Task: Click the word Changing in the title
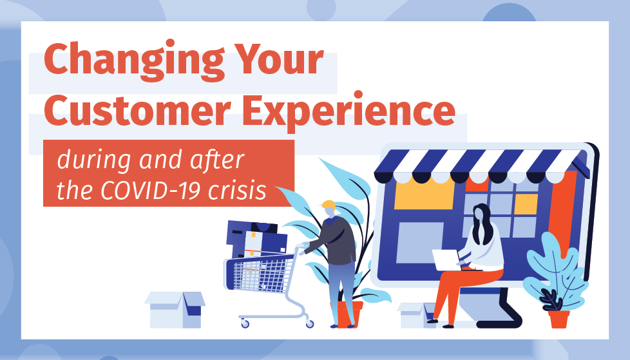134,61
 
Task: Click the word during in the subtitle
94,160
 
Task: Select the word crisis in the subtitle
238,190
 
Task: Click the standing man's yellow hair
329,205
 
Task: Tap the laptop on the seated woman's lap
447,260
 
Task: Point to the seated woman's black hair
482,223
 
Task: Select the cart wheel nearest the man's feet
309,323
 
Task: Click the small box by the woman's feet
414,315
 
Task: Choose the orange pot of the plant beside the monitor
559,319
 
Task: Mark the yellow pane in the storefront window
526,204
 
